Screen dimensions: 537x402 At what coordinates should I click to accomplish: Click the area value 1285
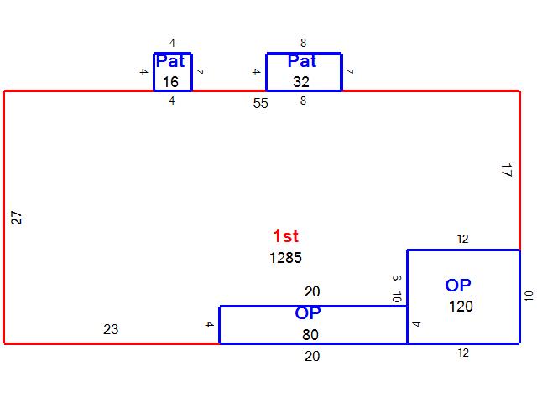click(x=285, y=258)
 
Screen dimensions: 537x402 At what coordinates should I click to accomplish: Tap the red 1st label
click(x=286, y=236)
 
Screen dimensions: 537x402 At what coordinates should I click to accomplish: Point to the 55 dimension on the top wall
click(x=261, y=103)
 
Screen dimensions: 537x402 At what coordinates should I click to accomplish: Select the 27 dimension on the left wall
click(x=17, y=218)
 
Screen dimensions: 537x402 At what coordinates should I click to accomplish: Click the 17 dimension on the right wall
click(x=507, y=170)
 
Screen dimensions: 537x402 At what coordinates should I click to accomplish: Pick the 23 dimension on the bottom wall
click(x=111, y=329)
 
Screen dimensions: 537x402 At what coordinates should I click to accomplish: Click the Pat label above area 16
click(x=170, y=61)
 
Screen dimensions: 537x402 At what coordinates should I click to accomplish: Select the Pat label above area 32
click(x=302, y=61)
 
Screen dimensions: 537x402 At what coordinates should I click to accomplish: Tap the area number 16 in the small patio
click(x=170, y=82)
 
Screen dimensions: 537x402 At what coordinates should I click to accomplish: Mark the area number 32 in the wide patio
click(x=301, y=82)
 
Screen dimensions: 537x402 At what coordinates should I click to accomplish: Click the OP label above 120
click(x=458, y=286)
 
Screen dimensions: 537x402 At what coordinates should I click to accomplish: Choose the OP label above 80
click(x=308, y=313)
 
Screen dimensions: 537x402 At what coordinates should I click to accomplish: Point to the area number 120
click(x=461, y=307)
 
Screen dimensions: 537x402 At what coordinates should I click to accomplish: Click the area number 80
click(x=310, y=335)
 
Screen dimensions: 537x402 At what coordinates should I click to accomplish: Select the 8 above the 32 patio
click(x=304, y=43)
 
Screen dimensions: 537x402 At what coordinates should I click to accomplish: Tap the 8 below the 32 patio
click(x=303, y=100)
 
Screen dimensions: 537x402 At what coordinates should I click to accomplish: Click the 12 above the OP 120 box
click(x=462, y=239)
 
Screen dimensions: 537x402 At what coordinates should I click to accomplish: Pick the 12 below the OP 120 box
click(x=463, y=353)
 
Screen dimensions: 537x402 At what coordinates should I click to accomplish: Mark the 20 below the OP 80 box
click(x=312, y=357)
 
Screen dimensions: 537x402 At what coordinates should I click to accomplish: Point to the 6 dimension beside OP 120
click(x=397, y=278)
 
